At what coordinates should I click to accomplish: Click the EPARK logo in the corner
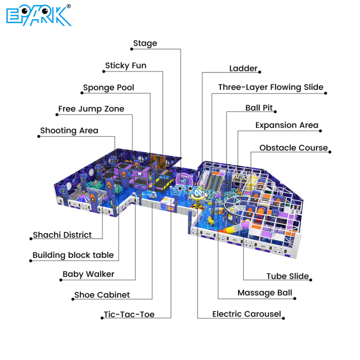39,15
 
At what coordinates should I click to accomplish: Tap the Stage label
145,43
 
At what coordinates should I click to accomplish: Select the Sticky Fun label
125,66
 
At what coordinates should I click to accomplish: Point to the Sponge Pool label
109,88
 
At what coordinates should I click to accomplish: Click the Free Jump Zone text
91,109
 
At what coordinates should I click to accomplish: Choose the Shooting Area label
69,130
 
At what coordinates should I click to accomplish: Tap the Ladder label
244,69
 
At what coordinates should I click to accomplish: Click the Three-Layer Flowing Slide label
271,88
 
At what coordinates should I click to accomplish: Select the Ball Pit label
259,107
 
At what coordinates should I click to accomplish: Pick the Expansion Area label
287,125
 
